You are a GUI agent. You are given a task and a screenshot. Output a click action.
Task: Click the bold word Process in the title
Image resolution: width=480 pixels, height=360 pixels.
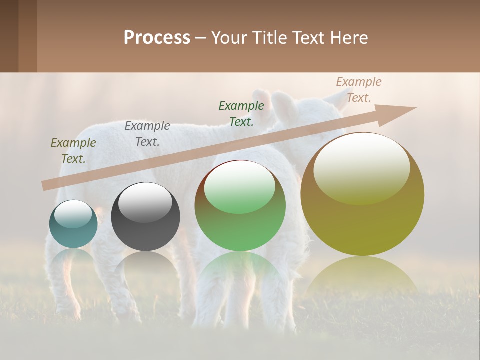point(157,38)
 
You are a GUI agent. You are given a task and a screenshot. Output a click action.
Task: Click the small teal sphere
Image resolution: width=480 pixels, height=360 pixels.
point(73,224)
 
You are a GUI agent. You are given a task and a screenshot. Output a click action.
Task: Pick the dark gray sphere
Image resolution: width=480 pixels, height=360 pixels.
point(145,217)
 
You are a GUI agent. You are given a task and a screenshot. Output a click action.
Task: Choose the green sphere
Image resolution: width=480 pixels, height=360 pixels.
point(240,206)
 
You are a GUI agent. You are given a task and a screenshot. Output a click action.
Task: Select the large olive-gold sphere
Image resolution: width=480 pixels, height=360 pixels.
point(362,194)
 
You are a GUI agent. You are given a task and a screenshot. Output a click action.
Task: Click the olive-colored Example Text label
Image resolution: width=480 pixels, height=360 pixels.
point(73,151)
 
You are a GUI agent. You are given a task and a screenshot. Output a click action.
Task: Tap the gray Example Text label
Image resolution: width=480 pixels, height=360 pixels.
point(147,134)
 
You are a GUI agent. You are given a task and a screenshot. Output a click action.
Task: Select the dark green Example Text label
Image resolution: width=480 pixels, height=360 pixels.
point(241,113)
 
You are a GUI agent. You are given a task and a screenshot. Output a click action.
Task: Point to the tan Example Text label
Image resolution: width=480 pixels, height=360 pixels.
point(359,90)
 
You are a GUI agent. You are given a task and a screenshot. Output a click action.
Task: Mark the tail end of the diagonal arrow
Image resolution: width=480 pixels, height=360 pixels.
point(44,186)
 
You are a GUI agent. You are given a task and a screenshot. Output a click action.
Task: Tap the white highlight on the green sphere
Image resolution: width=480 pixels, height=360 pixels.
point(240,186)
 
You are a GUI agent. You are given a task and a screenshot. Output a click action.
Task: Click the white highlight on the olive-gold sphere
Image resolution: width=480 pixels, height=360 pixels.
point(362,167)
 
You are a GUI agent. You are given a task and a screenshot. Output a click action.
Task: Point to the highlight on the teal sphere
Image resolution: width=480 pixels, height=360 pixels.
point(73,214)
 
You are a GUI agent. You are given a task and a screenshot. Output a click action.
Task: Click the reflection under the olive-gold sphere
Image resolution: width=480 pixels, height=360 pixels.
point(362,275)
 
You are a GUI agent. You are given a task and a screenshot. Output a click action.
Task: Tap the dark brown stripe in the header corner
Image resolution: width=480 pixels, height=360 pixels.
point(9,36)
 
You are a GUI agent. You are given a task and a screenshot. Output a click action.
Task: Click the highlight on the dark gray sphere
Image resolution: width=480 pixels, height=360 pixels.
point(145,202)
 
